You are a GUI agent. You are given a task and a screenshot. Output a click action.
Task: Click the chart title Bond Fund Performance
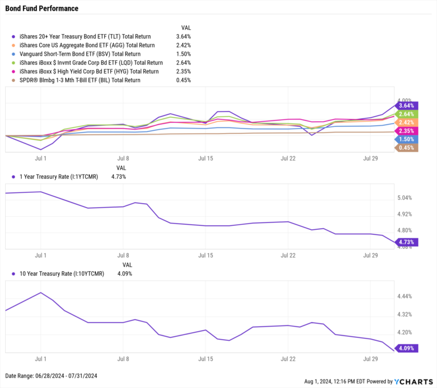(x=42, y=9)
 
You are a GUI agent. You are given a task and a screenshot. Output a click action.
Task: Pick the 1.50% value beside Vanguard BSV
(x=183, y=53)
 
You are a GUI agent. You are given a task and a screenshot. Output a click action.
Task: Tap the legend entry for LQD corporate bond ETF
(x=91, y=63)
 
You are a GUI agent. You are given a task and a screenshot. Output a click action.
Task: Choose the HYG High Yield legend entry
(x=89, y=71)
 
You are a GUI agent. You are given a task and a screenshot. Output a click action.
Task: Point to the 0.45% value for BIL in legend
(x=183, y=80)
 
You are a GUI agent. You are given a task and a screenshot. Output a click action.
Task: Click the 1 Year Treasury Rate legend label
(x=58, y=177)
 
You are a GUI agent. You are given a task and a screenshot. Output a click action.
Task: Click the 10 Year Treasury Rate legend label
(x=60, y=274)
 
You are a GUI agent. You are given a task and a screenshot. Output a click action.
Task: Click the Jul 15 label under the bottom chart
(x=205, y=359)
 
